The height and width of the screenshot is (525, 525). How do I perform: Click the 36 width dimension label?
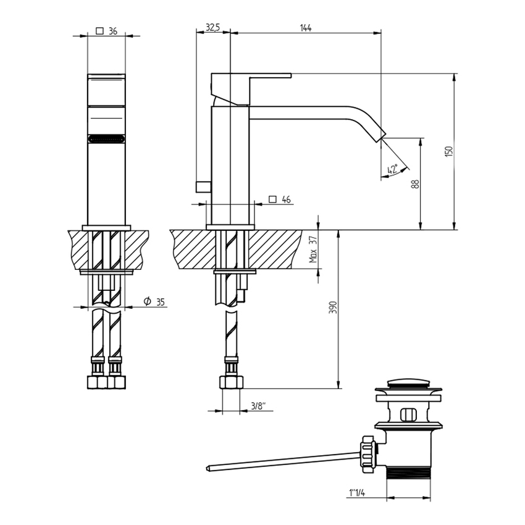[112, 31]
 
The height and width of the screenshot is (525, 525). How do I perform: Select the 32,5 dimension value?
[212, 27]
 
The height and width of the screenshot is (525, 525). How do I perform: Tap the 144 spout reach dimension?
[305, 27]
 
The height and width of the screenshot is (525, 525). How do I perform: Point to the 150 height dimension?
[449, 151]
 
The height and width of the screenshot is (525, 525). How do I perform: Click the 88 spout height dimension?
[416, 183]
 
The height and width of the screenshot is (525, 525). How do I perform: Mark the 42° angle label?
[392, 169]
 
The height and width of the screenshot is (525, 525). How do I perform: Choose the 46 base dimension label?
[286, 199]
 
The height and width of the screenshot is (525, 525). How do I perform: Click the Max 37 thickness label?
[313, 250]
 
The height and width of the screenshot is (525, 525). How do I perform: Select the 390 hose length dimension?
[332, 308]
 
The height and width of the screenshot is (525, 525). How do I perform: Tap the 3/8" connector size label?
[258, 406]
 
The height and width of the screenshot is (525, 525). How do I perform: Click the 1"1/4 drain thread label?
[357, 493]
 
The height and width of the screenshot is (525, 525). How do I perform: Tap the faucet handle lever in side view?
[270, 76]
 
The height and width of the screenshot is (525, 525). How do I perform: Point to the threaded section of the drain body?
[408, 472]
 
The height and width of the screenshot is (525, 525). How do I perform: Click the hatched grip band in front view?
[106, 139]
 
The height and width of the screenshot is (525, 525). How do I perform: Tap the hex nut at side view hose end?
[231, 382]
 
